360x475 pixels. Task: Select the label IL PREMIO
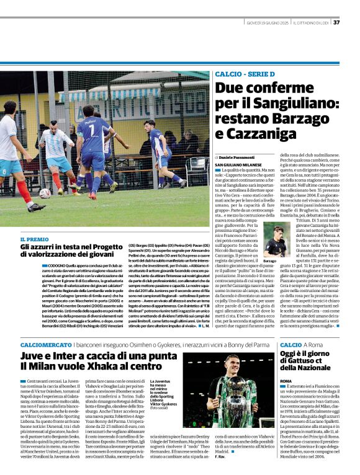(34, 239)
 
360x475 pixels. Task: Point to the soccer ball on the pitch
(45, 193)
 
